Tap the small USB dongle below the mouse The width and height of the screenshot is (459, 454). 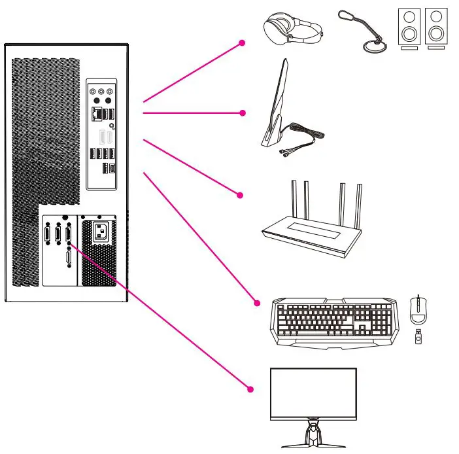(x=418, y=338)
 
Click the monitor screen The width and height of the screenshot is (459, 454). (x=313, y=393)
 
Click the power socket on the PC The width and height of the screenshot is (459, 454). (x=100, y=232)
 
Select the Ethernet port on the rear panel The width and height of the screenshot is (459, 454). (x=97, y=114)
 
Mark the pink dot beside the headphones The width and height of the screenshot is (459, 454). (x=243, y=43)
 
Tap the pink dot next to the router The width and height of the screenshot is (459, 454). (x=240, y=194)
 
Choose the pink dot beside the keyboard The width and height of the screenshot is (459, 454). (x=257, y=302)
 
